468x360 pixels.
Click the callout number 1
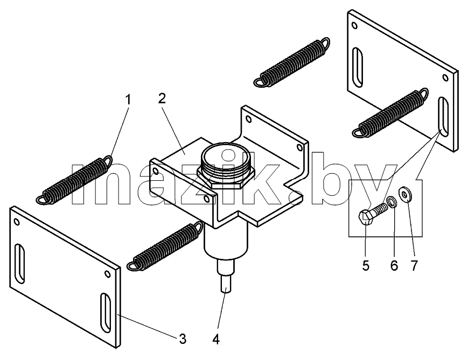(128, 100)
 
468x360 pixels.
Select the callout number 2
(162, 98)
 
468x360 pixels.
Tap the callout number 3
(183, 339)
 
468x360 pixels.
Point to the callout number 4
(216, 339)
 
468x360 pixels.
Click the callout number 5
(366, 265)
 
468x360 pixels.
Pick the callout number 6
(394, 265)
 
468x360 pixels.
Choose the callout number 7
(414, 265)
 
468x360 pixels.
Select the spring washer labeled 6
(392, 202)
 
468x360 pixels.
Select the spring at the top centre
(292, 62)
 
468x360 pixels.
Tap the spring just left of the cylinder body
(165, 246)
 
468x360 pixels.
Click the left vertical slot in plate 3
(20, 263)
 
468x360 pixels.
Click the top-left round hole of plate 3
(17, 222)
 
